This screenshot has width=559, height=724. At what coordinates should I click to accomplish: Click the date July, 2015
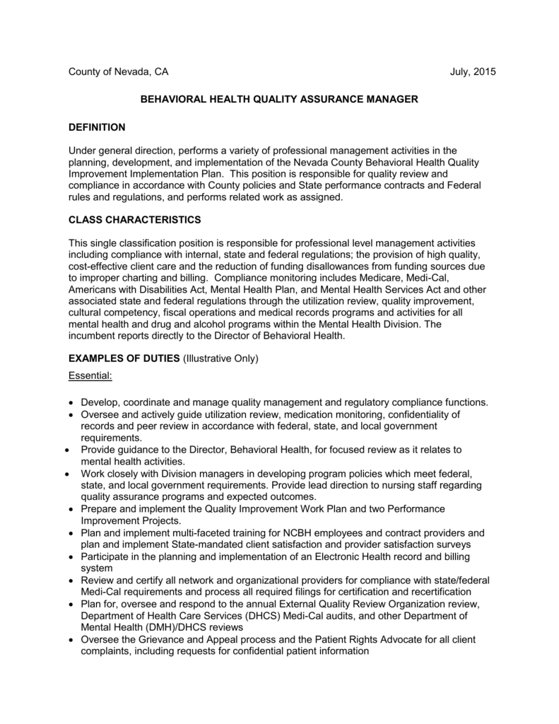[473, 72]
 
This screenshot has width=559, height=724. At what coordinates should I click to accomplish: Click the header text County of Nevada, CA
[118, 72]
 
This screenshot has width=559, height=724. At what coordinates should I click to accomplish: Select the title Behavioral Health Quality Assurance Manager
[279, 100]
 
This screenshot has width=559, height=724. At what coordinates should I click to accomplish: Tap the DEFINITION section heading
[97, 127]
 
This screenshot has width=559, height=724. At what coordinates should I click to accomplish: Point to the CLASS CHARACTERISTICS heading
[134, 219]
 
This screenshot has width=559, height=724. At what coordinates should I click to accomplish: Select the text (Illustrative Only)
[221, 358]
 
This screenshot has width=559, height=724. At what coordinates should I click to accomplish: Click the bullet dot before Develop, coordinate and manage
[72, 402]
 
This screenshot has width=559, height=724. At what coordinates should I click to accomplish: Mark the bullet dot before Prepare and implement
[72, 508]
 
